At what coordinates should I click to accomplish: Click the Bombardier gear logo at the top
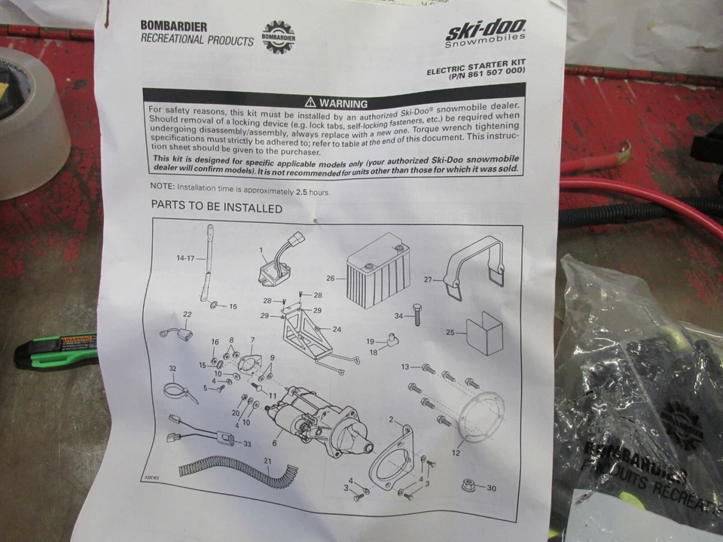pyautogui.click(x=278, y=37)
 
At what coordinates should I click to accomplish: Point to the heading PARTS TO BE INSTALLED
pyautogui.click(x=216, y=208)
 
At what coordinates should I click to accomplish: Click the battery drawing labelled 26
pyautogui.click(x=377, y=272)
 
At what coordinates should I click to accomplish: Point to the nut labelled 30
pyautogui.click(x=469, y=487)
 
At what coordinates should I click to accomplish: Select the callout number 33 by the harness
pyautogui.click(x=246, y=443)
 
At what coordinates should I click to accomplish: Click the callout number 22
pyautogui.click(x=166, y=314)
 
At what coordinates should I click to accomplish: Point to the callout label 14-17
pyautogui.click(x=185, y=258)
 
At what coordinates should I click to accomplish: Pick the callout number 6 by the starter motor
pyautogui.click(x=273, y=443)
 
